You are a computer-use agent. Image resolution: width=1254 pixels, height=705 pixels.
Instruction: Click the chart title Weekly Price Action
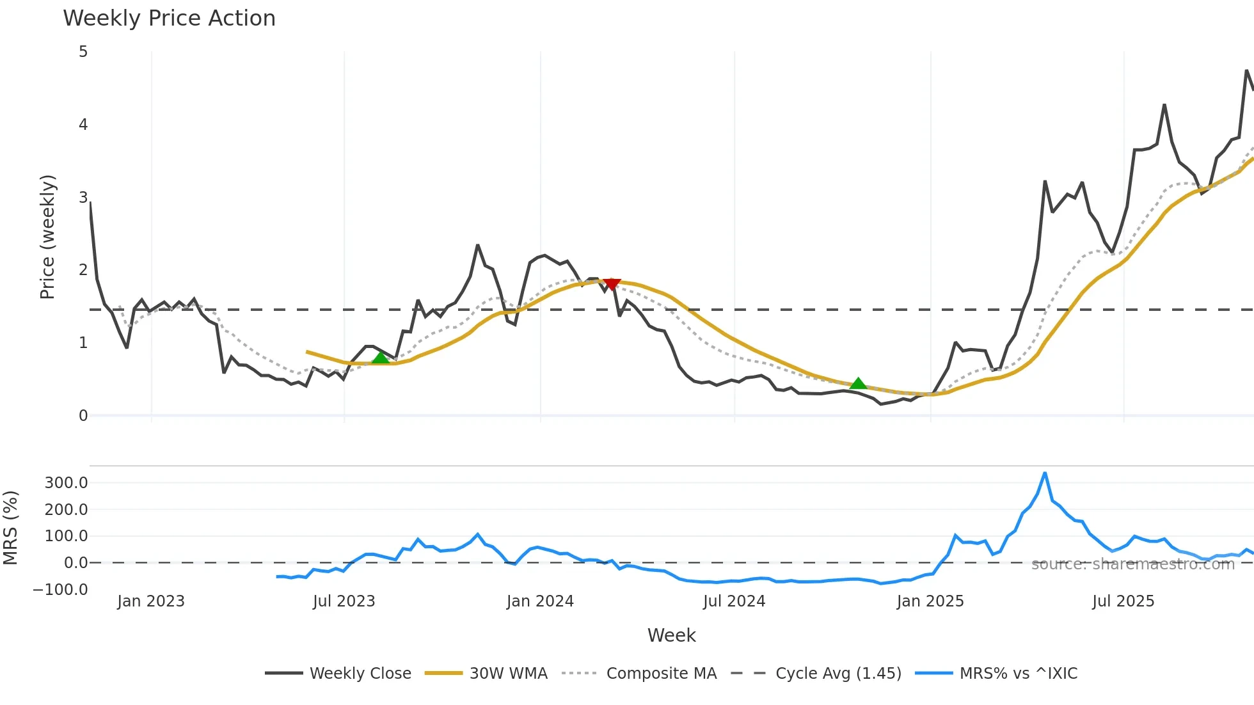tap(169, 19)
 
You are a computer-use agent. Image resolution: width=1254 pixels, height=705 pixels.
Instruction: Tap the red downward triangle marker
tap(612, 284)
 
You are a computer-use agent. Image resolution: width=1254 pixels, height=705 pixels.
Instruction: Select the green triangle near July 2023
tap(381, 358)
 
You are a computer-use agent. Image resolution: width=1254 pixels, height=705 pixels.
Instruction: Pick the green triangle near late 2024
tap(858, 383)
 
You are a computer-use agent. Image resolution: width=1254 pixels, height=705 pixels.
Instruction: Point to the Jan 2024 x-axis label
tap(540, 601)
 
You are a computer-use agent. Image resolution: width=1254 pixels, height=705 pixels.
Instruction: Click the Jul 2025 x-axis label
tap(1123, 601)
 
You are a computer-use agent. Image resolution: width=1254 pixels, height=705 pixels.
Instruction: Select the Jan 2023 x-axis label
tap(151, 601)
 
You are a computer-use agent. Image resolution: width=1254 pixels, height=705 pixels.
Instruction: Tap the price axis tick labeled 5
tap(83, 52)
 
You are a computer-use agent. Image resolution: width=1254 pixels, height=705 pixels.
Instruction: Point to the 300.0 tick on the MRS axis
tap(66, 483)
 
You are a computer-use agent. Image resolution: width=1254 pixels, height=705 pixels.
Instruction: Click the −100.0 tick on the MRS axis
tap(61, 590)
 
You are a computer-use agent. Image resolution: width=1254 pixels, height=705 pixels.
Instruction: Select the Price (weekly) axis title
tap(48, 237)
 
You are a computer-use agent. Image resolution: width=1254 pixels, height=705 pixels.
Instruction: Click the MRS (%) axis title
tap(10, 528)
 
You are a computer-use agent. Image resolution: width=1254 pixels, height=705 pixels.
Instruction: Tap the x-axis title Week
tap(671, 635)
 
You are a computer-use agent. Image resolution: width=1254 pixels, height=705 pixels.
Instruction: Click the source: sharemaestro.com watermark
tap(1132, 564)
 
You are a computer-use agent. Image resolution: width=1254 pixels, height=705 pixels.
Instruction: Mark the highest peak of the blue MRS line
tap(1045, 473)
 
